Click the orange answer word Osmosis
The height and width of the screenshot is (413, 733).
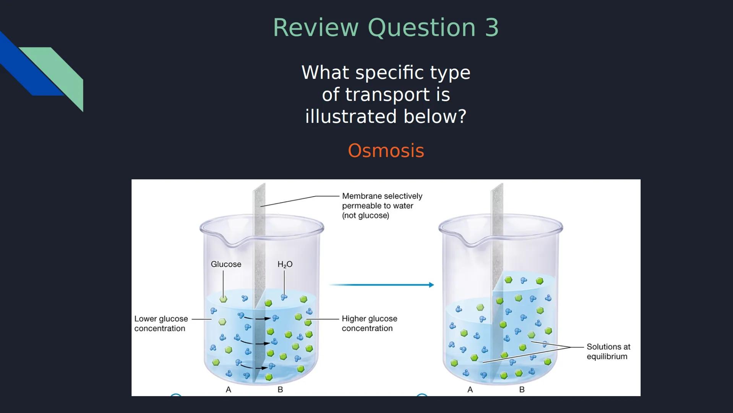click(386, 151)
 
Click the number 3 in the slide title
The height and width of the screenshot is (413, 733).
click(492, 28)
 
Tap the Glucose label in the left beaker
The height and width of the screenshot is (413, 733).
click(226, 264)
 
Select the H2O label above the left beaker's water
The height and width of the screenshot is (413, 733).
click(285, 264)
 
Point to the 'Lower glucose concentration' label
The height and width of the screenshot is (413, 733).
click(161, 324)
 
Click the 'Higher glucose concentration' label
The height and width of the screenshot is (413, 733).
click(369, 324)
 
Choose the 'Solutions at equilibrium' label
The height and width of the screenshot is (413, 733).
click(608, 351)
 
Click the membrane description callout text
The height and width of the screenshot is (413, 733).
click(382, 206)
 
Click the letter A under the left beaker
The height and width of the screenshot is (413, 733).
click(229, 390)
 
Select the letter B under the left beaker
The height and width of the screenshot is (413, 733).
click(280, 390)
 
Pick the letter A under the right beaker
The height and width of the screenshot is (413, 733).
click(470, 390)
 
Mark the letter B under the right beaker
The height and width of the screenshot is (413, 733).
click(522, 390)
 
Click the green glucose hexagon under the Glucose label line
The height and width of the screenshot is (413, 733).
click(224, 299)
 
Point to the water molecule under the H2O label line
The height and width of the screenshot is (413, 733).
click(284, 297)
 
